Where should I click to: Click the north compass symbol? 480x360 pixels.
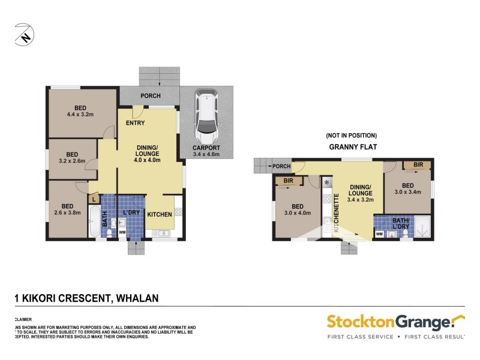[x=24, y=34]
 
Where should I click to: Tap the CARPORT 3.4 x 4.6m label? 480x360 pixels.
[x=206, y=151]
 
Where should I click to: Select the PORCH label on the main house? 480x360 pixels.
[x=150, y=96]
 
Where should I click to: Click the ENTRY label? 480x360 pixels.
[x=135, y=123]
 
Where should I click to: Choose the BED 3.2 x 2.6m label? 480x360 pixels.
[x=72, y=157]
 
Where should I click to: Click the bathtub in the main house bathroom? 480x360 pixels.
[x=94, y=222]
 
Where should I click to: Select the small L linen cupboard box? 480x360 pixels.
[x=94, y=199]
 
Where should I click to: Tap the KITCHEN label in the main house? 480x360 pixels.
[x=160, y=214]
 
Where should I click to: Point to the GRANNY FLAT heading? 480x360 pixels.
[x=351, y=146]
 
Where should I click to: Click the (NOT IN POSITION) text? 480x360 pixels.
[x=351, y=135]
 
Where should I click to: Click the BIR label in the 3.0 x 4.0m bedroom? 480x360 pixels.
[x=287, y=180]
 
